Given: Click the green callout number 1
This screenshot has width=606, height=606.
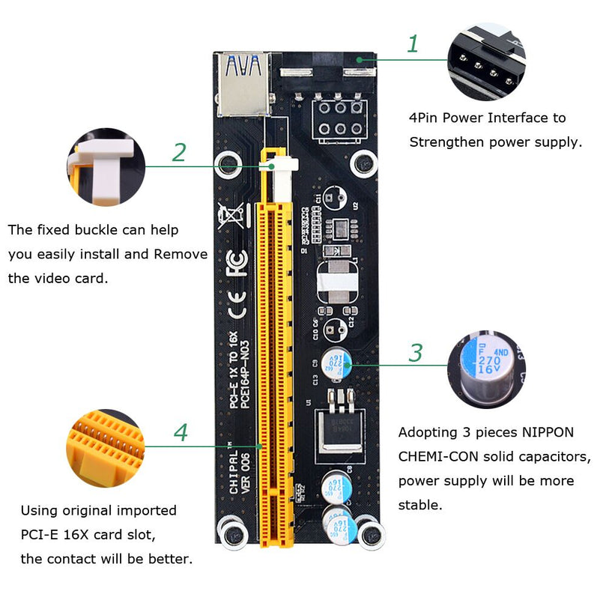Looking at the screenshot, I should tap(412, 43).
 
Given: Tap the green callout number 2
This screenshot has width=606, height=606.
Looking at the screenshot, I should tap(178, 152).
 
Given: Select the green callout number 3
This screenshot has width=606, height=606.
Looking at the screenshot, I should tap(415, 352).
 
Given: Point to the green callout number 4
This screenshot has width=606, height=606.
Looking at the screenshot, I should tap(180, 432).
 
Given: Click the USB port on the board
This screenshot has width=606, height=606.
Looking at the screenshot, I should tap(243, 83).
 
